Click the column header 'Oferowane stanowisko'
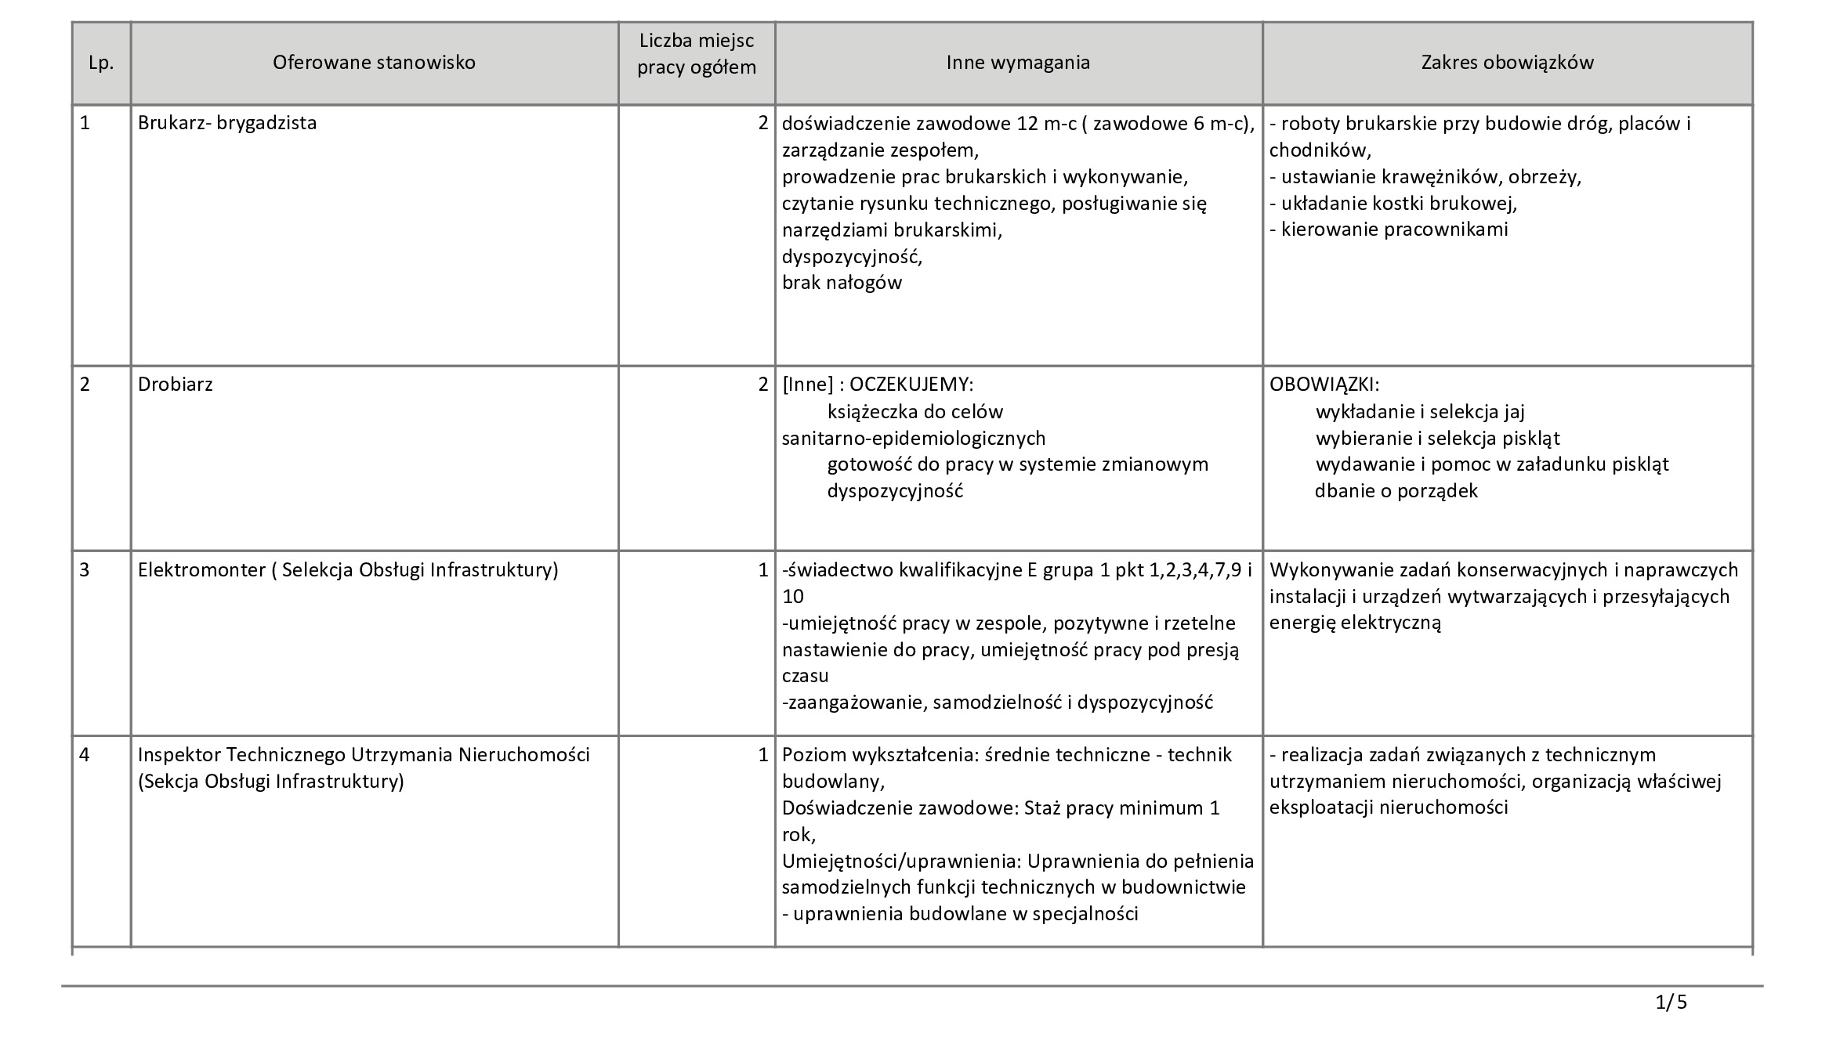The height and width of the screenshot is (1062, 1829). coord(374,63)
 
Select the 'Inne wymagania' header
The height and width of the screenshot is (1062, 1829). coord(1018,63)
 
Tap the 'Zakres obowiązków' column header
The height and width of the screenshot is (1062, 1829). coord(1507,63)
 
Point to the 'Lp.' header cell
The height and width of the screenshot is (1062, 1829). coord(101,63)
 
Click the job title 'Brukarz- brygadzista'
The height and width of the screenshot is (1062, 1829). coord(227,123)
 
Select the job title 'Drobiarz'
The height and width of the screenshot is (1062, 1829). coord(176,385)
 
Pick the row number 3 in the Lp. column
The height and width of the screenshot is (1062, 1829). coord(85,570)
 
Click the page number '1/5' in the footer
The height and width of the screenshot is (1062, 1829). coord(1671,1024)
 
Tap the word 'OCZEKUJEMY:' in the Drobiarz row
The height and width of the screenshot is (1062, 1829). coord(911,385)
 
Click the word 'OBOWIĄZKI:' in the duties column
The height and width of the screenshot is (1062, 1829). coord(1324,385)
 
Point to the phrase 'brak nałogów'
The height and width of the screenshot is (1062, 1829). coord(842,283)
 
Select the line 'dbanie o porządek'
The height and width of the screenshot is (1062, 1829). coord(1396,491)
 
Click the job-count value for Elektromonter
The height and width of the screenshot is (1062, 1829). coord(762,570)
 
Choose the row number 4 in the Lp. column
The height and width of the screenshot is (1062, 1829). coord(85,755)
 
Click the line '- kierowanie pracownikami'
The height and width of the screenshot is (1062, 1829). coord(1389,229)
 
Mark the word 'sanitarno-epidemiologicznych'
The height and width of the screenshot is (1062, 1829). coord(914,438)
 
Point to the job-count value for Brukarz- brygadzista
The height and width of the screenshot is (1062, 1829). coord(762,123)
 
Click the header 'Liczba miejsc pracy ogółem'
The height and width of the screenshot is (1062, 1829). coord(696,53)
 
